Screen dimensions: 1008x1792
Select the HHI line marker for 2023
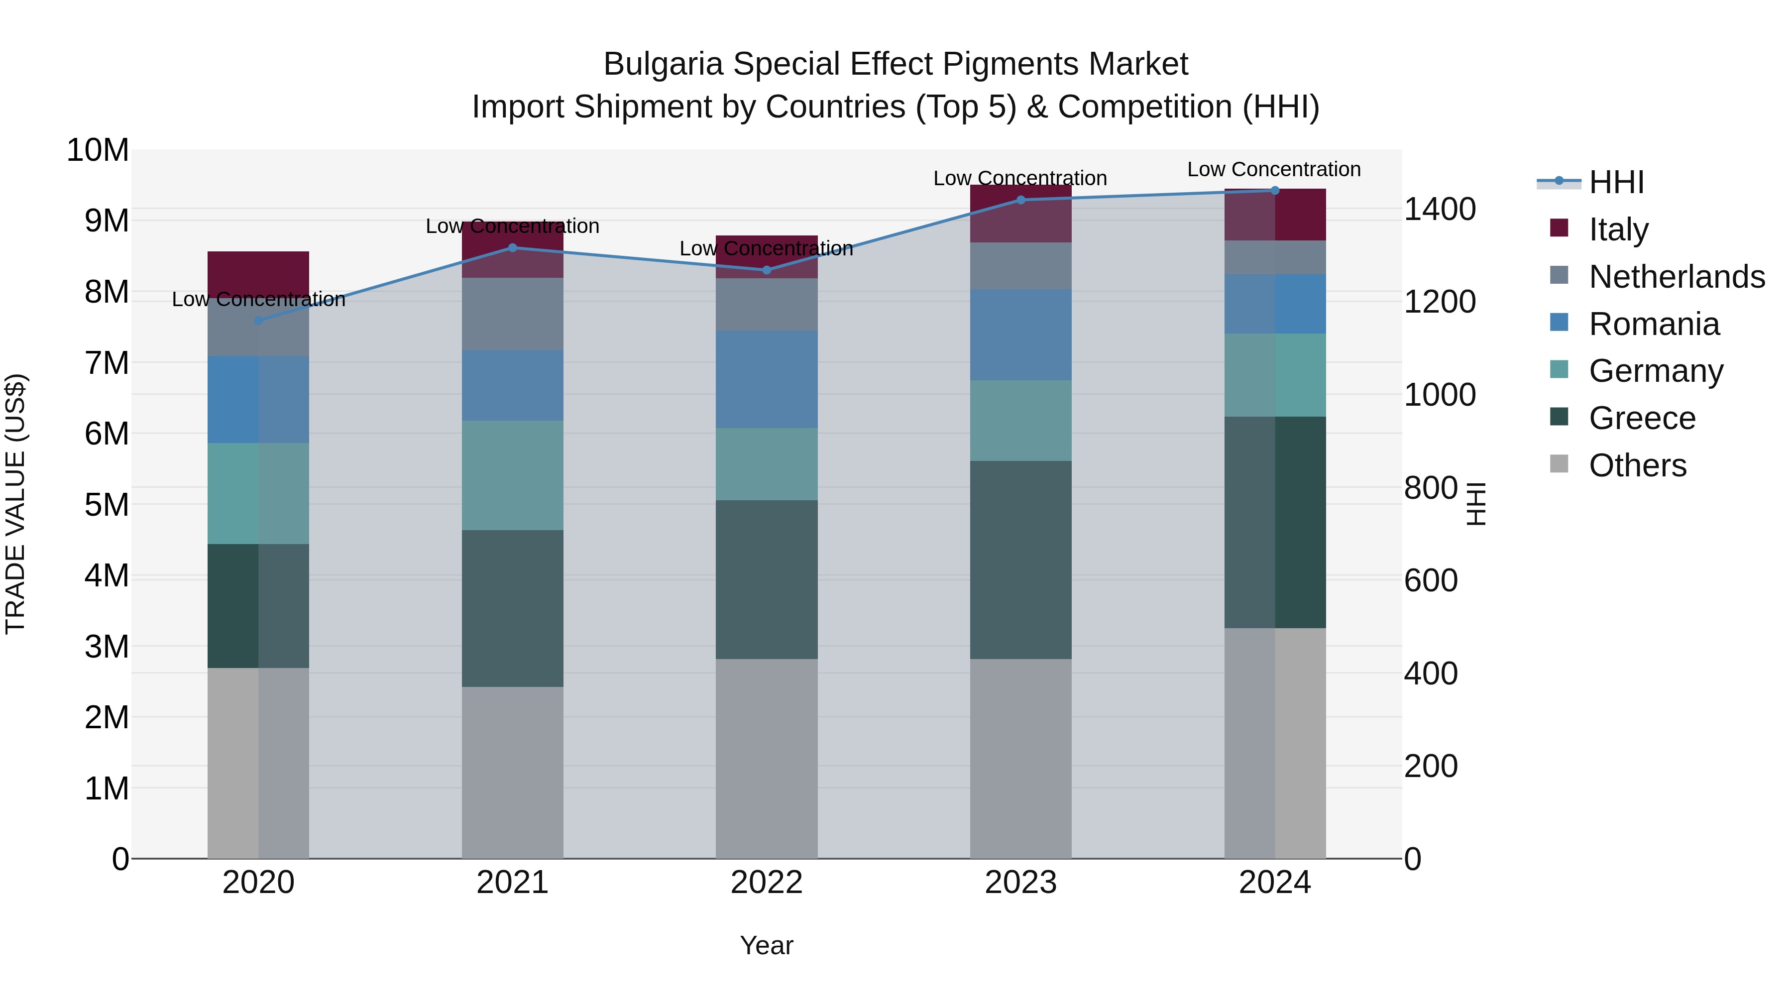(1020, 200)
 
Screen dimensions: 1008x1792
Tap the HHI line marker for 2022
(767, 270)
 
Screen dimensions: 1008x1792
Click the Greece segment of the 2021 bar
(512, 609)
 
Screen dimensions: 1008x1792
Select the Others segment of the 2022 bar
(767, 758)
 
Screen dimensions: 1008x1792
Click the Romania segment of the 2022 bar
(767, 379)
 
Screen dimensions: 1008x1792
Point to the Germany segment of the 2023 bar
(1020, 420)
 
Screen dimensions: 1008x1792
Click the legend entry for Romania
(1654, 324)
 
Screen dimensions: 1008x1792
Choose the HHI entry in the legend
(1616, 182)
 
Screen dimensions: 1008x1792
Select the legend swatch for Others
(1559, 464)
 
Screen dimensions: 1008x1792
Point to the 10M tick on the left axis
(98, 150)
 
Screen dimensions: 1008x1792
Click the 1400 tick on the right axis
(1439, 209)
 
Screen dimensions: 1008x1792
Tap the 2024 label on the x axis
(1274, 883)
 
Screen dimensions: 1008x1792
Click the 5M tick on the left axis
(106, 505)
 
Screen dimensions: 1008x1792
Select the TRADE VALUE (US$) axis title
(15, 504)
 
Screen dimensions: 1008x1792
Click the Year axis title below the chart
(767, 945)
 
